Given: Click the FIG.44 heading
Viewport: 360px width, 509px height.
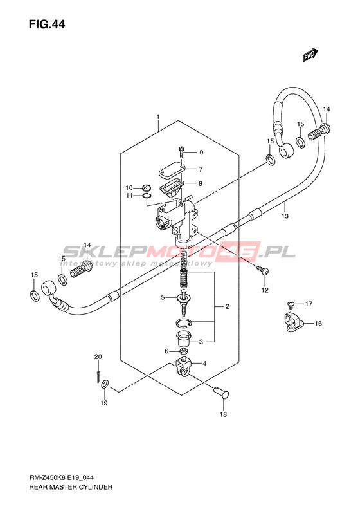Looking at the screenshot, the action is point(47,24).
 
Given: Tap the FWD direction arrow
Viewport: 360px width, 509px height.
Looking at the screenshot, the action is point(310,55).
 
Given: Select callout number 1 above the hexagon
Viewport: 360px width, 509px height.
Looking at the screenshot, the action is point(158,116).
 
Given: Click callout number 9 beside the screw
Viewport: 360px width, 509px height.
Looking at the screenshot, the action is point(201,153).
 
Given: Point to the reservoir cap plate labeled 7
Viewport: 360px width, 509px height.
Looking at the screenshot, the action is point(172,170).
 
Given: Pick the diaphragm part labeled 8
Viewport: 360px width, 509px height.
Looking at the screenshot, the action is point(172,187).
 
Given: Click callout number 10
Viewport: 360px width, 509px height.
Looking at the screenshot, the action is point(129,188).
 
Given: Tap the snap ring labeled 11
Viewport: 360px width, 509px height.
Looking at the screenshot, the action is point(147,195).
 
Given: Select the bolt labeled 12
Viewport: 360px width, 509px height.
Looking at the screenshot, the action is point(263,270).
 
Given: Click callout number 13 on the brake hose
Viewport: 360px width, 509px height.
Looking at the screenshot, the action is point(285,216).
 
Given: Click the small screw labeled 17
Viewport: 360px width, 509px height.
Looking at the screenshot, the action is point(291,304).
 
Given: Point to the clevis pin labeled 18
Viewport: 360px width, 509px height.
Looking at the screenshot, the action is point(222,392).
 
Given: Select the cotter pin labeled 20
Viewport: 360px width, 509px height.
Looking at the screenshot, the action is point(98,374).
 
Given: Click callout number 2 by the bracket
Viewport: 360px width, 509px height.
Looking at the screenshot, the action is point(227,306).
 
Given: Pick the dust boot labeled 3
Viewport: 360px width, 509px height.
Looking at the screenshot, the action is point(183,339).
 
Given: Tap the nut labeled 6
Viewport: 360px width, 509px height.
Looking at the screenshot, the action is point(183,351).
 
